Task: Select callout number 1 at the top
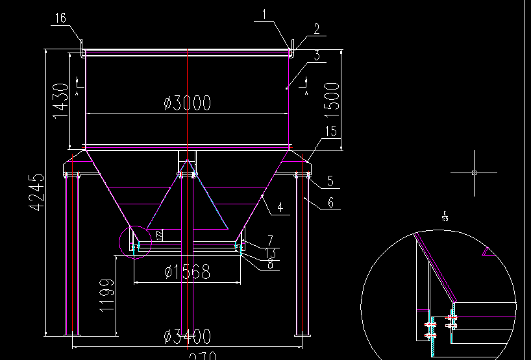click(x=264, y=14)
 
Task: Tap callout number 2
click(x=316, y=29)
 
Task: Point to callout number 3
click(x=316, y=56)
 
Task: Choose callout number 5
click(x=330, y=181)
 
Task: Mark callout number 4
click(x=279, y=208)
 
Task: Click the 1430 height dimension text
click(x=60, y=101)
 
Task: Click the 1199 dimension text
click(x=107, y=296)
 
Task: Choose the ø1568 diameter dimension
click(x=187, y=272)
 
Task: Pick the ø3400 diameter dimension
click(x=187, y=337)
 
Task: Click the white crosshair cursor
click(x=475, y=173)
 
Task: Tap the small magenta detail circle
click(x=135, y=242)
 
